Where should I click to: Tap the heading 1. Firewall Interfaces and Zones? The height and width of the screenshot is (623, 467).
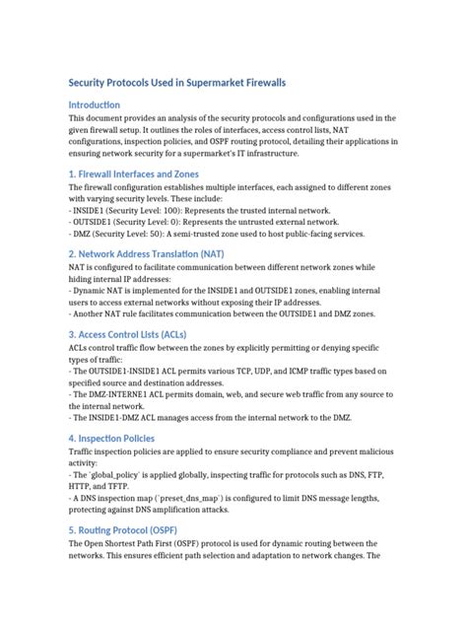tap(141, 173)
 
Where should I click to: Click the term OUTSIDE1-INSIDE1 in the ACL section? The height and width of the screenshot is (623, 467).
tap(123, 373)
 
